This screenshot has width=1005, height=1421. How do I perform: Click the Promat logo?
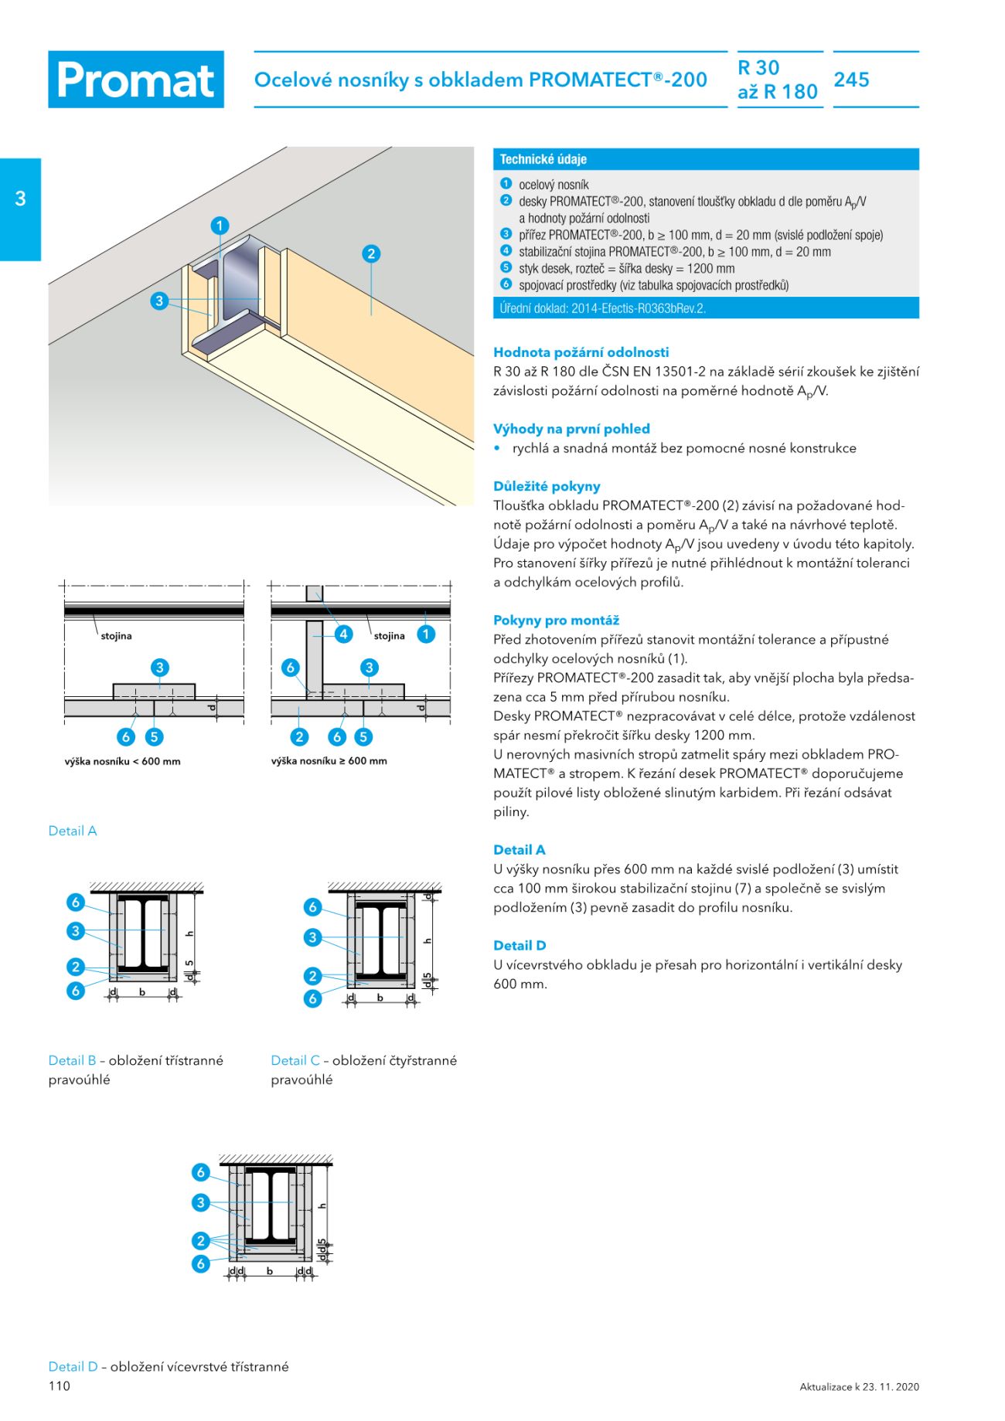pos(136,80)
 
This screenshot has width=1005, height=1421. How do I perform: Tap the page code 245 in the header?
pos(851,80)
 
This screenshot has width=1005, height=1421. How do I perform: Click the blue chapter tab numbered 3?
pos(20,199)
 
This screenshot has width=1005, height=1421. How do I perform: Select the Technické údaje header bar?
pos(705,159)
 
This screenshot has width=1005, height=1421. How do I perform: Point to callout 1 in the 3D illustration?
pos(220,226)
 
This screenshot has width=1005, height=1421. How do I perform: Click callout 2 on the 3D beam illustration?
pos(371,253)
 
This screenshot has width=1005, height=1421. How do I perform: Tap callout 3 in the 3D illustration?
pos(159,301)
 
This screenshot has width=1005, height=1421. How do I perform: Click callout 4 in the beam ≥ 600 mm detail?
pos(343,634)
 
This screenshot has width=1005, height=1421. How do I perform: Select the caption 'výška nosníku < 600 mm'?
pos(122,761)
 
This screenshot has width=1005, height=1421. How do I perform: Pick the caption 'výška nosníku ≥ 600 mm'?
pos(329,761)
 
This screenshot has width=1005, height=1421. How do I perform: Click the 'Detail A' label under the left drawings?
pos(73,831)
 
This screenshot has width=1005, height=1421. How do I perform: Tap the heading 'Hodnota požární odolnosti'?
pos(581,352)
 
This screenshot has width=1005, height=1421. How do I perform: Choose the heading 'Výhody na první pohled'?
pos(571,429)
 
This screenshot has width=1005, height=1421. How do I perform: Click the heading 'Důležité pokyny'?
pos(547,487)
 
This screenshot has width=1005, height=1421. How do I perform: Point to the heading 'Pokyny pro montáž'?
pos(556,620)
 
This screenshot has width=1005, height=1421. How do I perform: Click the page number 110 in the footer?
pos(60,1386)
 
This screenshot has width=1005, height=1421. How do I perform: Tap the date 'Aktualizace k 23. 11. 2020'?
pos(859,1387)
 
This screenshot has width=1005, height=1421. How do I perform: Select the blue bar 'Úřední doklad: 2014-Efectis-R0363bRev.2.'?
pos(705,308)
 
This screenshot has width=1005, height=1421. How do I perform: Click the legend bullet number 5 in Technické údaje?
pos(506,267)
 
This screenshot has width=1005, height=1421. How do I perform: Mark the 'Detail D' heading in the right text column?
pos(520,946)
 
